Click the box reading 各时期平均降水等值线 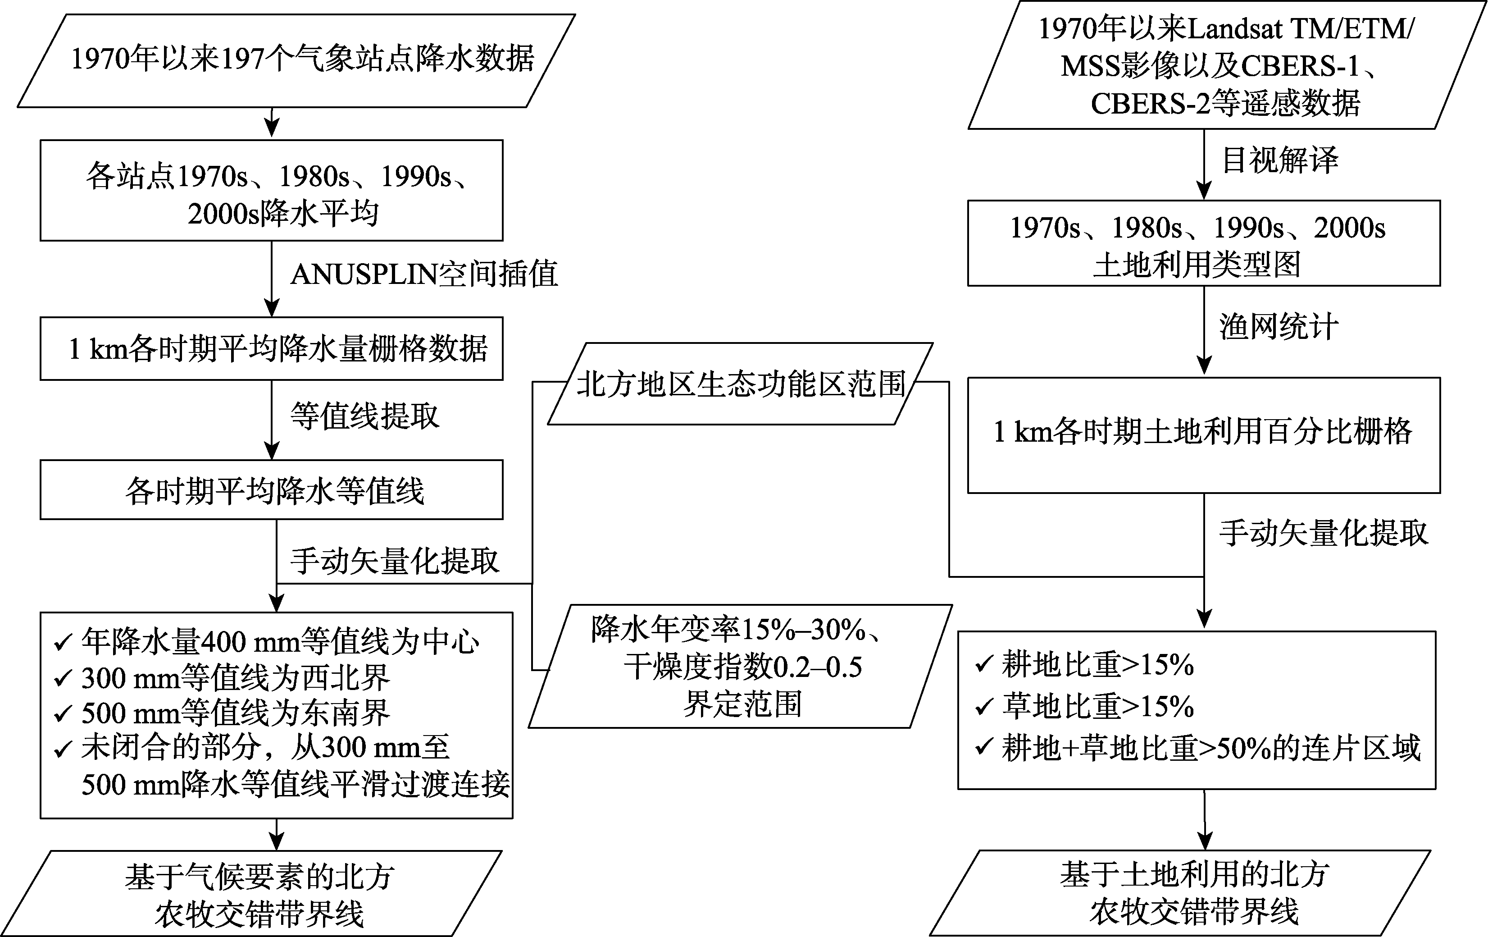pyautogui.click(x=271, y=489)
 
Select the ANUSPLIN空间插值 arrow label pyautogui.click(x=424, y=274)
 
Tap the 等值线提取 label pyautogui.click(x=364, y=416)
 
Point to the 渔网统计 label pyautogui.click(x=1279, y=326)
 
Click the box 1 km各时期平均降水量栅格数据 pyautogui.click(x=271, y=348)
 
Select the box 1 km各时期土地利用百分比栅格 pyautogui.click(x=1204, y=435)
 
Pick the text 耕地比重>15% pyautogui.click(x=1097, y=665)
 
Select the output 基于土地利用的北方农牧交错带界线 pyautogui.click(x=1180, y=893)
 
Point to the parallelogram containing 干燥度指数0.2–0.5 pyautogui.click(x=740, y=666)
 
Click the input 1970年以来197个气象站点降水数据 pyautogui.click(x=296, y=60)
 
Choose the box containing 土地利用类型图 pyautogui.click(x=1204, y=243)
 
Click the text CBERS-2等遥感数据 pyautogui.click(x=1225, y=103)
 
